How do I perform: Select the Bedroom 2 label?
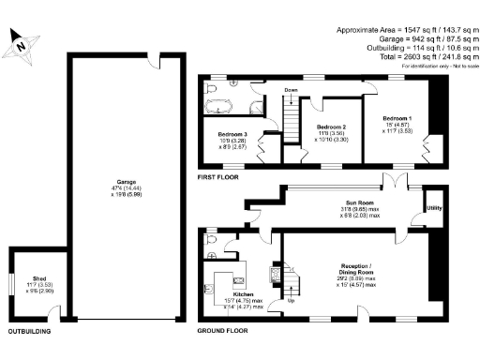(332, 127)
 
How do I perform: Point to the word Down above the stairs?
(292, 91)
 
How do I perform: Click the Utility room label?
(433, 207)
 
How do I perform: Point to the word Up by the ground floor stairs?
(292, 302)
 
